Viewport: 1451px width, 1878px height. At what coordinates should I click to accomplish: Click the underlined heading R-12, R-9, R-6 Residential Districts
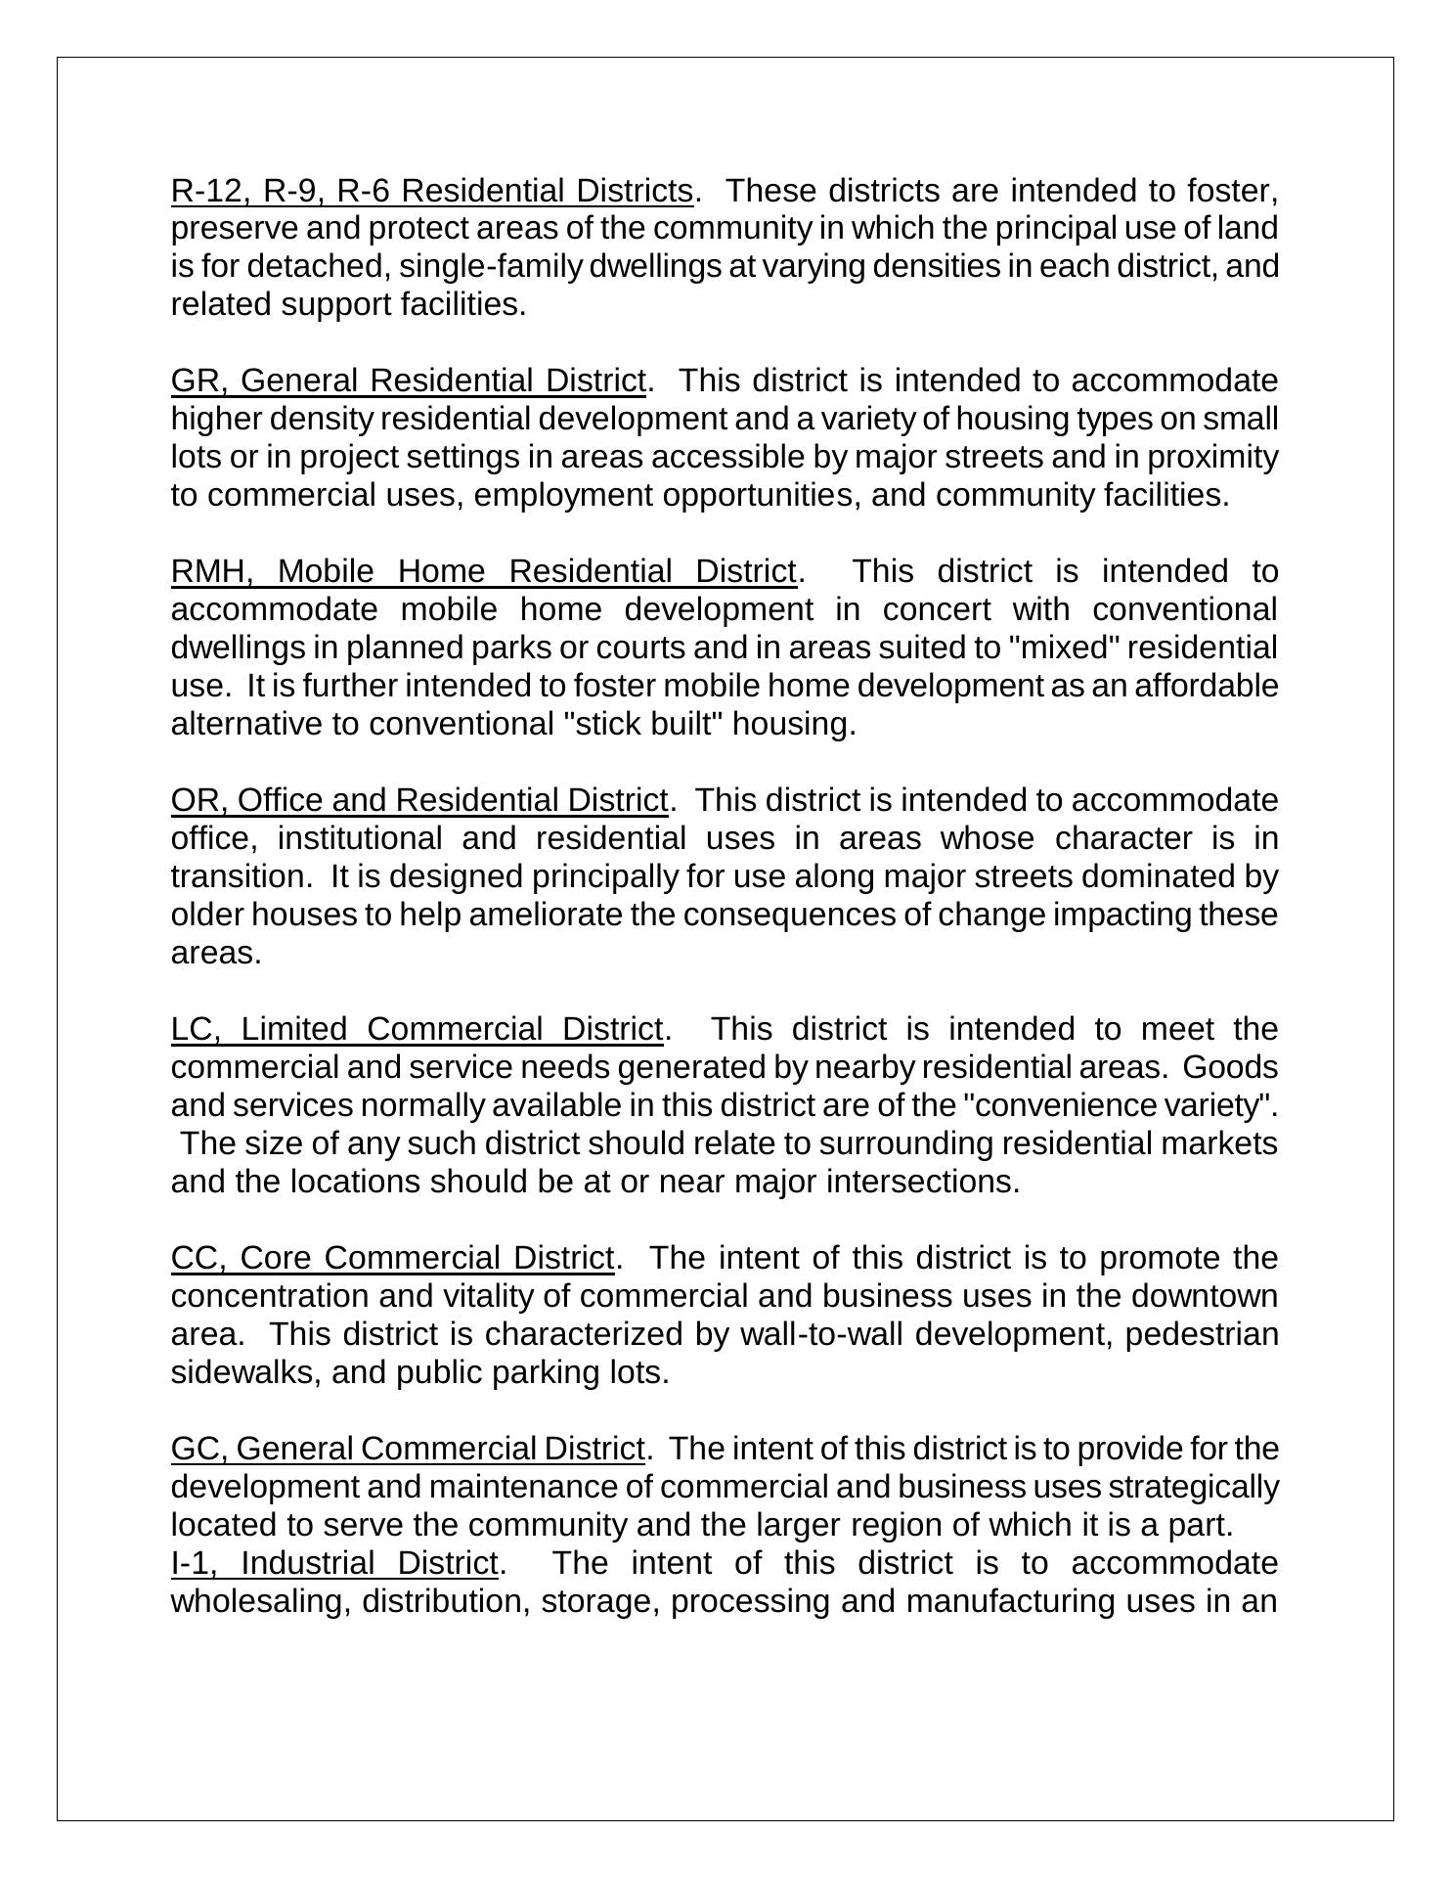(431, 190)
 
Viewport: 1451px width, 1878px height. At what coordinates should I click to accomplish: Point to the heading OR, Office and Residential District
(418, 800)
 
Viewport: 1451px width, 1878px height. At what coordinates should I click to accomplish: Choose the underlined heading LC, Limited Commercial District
(417, 1029)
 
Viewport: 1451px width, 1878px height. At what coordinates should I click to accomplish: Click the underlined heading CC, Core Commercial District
(392, 1258)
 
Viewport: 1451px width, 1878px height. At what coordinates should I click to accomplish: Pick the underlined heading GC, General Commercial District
(408, 1449)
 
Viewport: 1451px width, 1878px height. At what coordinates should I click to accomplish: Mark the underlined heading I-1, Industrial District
(333, 1563)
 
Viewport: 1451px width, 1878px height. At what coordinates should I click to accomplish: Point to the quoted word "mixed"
(1066, 648)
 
